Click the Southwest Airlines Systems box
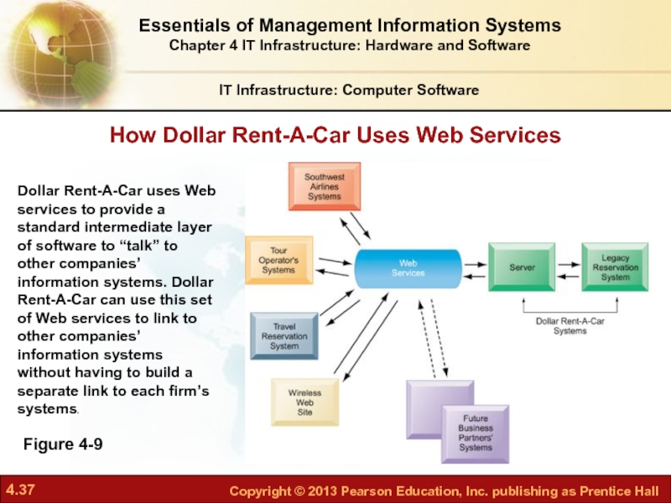325,186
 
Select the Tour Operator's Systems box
279,260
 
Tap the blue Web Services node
408,268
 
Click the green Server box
522,267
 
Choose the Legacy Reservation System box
615,267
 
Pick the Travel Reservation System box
284,336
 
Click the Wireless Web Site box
304,402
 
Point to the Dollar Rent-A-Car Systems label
570,326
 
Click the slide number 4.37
20,490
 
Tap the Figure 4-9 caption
63,444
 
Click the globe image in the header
60,54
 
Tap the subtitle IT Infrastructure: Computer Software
349,90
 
